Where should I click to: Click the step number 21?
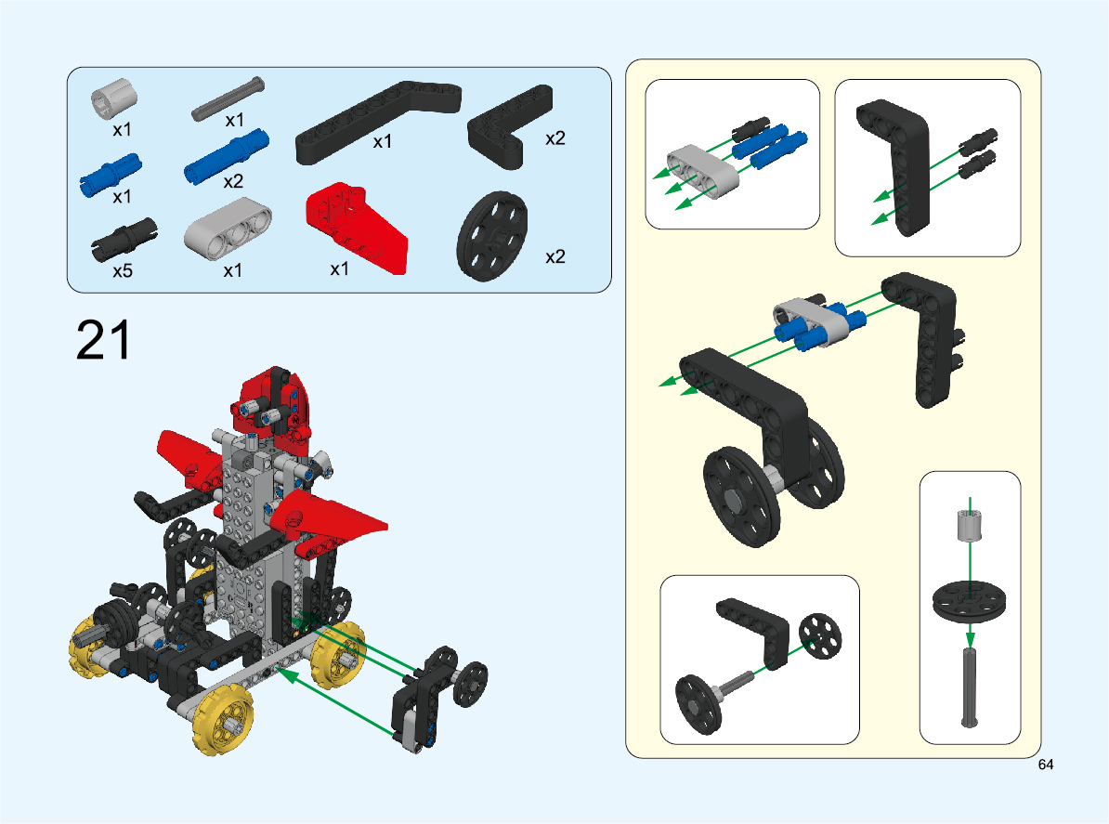click(x=103, y=340)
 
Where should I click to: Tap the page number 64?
click(x=1045, y=765)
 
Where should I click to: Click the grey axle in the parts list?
click(x=228, y=99)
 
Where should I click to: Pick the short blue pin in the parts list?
click(x=111, y=175)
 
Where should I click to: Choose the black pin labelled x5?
click(x=124, y=239)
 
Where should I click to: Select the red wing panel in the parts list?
click(x=356, y=228)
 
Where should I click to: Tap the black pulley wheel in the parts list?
click(x=492, y=236)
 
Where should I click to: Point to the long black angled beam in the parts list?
click(x=378, y=123)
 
